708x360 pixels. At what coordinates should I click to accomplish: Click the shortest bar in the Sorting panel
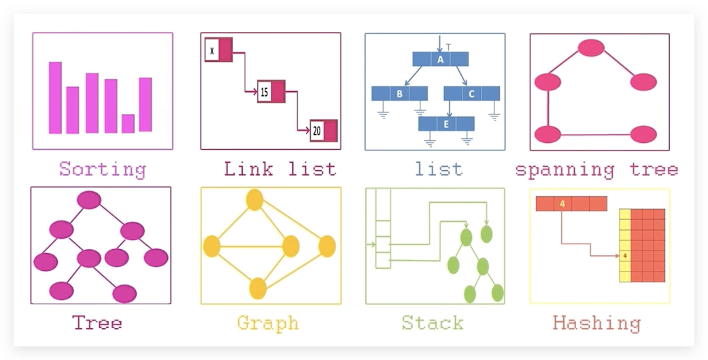[128, 124]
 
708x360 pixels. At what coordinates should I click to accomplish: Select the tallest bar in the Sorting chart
[55, 97]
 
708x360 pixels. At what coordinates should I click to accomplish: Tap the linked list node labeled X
[218, 50]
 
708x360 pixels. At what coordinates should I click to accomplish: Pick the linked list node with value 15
[271, 92]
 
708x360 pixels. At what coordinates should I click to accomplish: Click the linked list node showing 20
[324, 131]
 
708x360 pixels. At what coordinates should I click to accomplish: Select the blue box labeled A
[440, 59]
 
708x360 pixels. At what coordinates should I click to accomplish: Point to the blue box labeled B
[400, 93]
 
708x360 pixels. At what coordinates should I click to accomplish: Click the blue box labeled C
[471, 93]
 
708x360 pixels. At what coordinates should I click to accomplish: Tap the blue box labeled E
[446, 124]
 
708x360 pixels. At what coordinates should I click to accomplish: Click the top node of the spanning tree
[591, 48]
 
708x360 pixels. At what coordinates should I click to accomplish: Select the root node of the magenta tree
[89, 200]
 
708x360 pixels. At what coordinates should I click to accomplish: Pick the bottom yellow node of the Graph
[258, 289]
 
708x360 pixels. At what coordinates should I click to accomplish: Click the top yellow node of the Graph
[254, 199]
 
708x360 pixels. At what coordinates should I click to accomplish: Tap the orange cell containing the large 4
[562, 203]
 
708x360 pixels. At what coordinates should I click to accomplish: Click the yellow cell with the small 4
[625, 256]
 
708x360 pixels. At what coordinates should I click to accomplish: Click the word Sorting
[103, 169]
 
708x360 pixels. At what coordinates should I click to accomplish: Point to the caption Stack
[433, 323]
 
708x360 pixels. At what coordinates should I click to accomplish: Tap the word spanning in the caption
[565, 170]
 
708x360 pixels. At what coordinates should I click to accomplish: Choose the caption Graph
[268, 323]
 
